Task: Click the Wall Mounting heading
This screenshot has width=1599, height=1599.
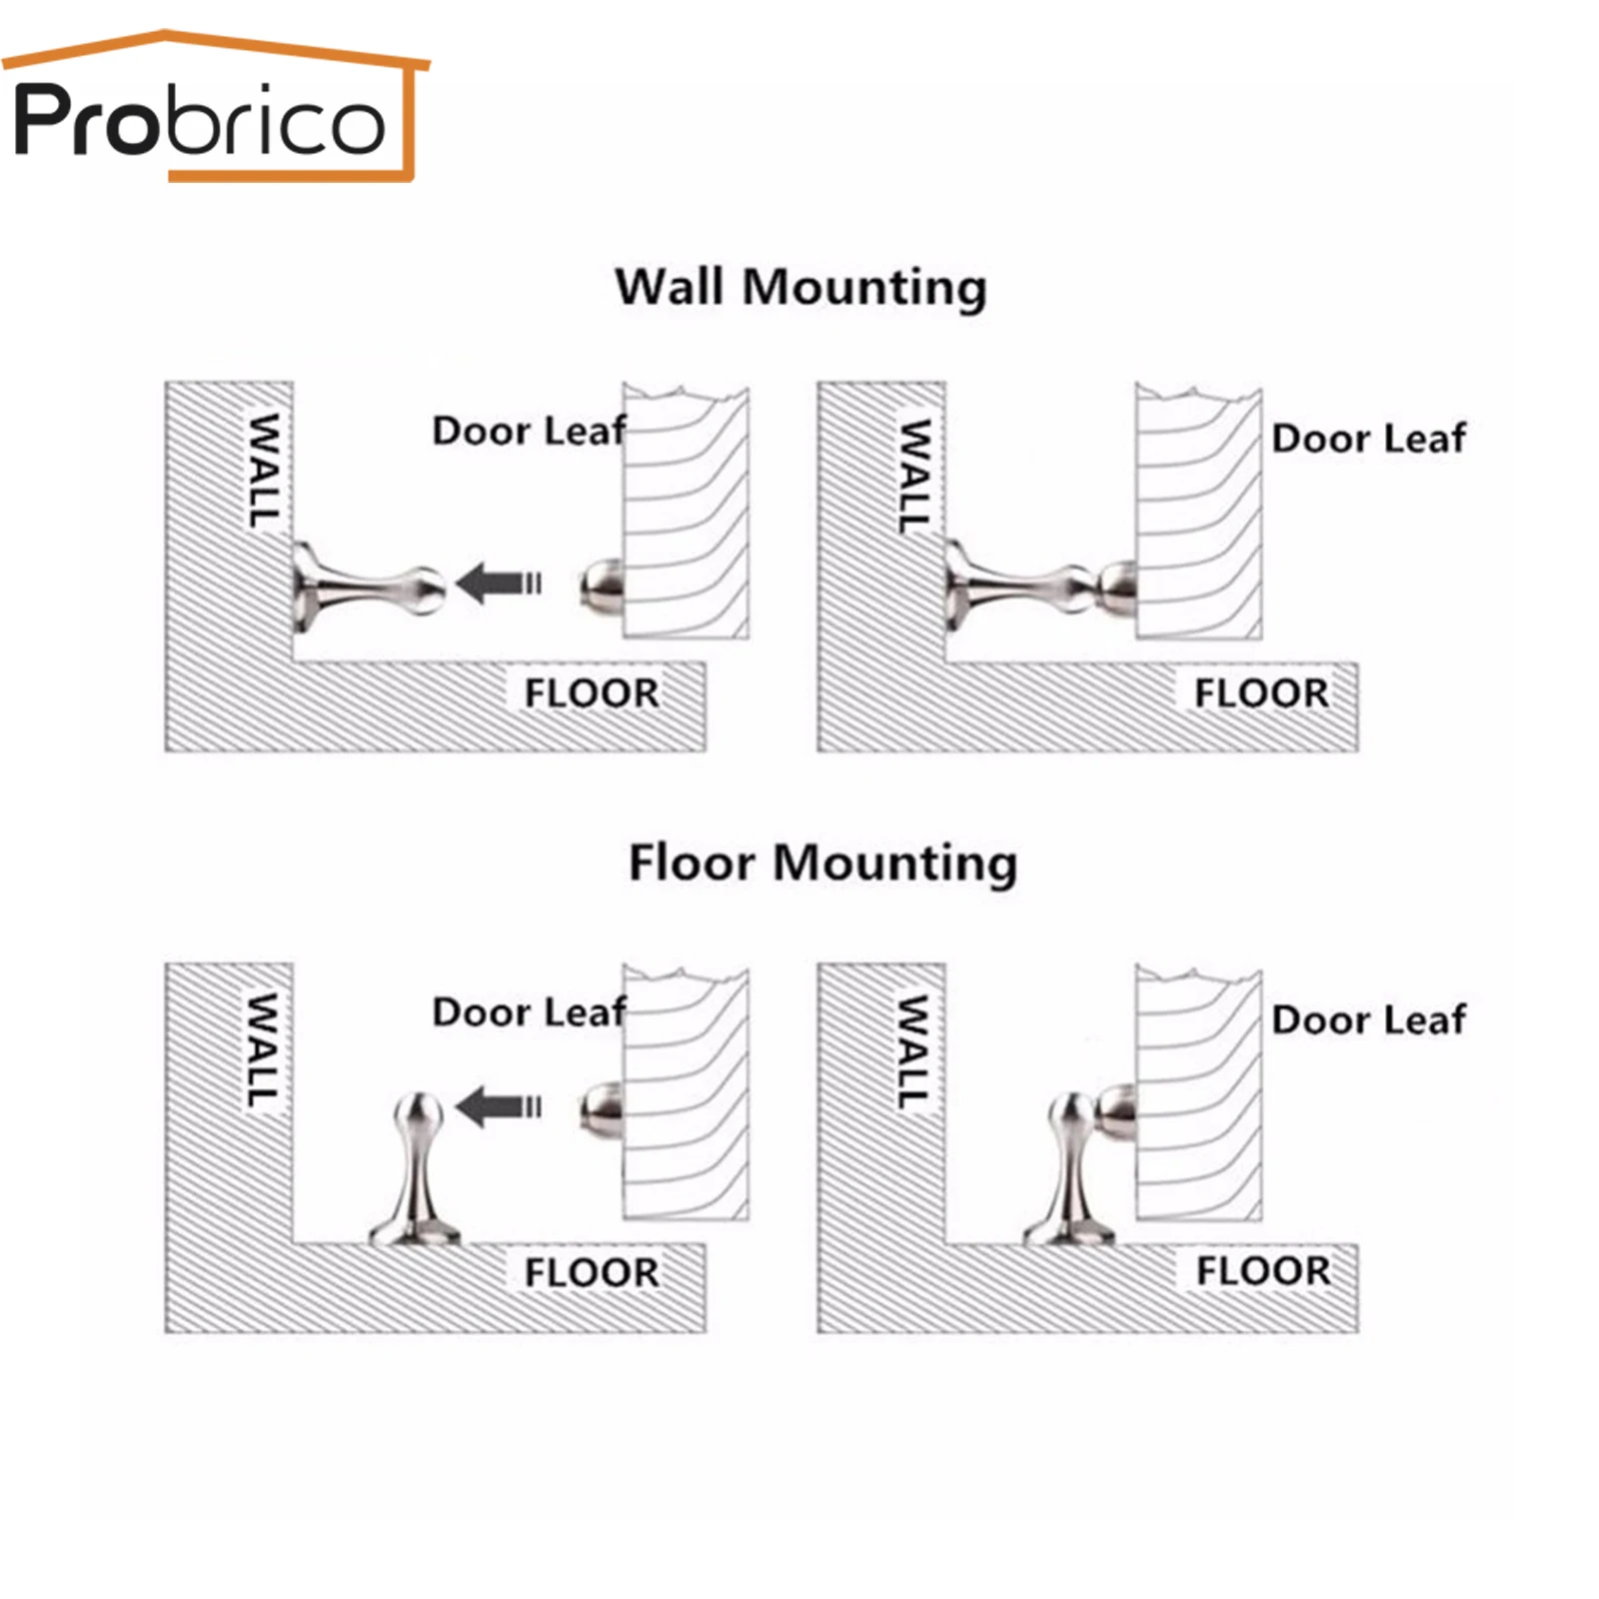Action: click(x=800, y=288)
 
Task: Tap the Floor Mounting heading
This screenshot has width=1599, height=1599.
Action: click(x=822, y=862)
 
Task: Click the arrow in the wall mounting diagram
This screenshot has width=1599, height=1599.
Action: click(x=499, y=584)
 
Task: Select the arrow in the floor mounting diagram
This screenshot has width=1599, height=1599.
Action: click(x=499, y=1106)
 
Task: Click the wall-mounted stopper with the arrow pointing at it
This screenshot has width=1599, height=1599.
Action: click(x=365, y=588)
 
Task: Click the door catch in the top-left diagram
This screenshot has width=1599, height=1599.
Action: click(x=603, y=587)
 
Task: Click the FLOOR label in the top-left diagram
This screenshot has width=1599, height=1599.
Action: click(x=592, y=693)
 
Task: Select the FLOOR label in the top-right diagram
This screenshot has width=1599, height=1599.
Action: click(x=1261, y=693)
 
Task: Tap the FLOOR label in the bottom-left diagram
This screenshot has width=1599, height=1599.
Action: click(x=592, y=1273)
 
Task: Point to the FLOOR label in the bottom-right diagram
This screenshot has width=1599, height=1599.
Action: click(x=1263, y=1271)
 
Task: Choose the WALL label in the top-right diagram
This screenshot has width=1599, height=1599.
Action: click(x=914, y=475)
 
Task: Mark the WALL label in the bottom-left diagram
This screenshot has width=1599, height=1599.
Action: click(x=263, y=1049)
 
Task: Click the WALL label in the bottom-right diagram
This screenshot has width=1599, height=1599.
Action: click(x=913, y=1051)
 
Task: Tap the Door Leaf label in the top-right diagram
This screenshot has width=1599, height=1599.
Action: click(x=1368, y=439)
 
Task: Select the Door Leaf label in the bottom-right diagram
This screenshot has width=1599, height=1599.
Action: click(x=1368, y=1020)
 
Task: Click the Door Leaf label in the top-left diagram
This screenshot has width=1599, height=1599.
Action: click(x=529, y=431)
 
